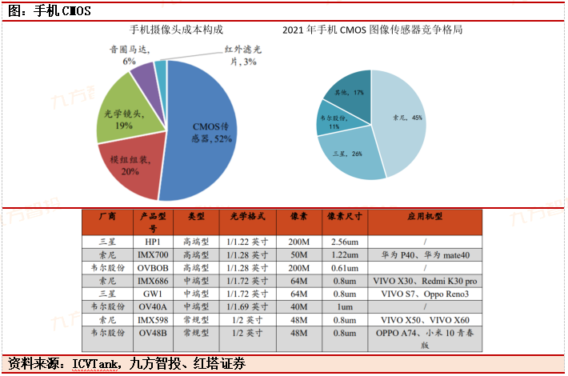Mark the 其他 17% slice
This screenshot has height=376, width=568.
click(352, 91)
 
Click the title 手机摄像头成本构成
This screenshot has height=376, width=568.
click(177, 30)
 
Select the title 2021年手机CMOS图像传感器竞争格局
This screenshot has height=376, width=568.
click(373, 30)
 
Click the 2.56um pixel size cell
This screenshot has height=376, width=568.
click(343, 241)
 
